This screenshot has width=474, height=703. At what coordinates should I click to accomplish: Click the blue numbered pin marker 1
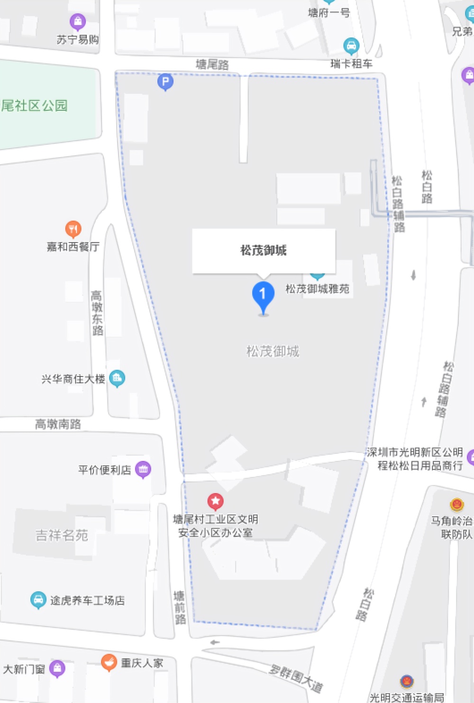click(x=263, y=296)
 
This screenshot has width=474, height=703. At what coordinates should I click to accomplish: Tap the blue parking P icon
click(x=165, y=82)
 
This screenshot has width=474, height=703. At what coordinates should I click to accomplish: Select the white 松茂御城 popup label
click(x=264, y=251)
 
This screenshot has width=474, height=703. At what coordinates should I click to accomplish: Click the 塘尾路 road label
click(x=212, y=64)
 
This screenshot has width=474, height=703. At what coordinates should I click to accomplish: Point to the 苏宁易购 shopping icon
click(x=78, y=22)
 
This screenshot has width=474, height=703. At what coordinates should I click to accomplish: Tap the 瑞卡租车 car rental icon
click(x=351, y=46)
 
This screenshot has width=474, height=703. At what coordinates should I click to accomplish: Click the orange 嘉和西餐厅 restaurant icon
click(x=73, y=230)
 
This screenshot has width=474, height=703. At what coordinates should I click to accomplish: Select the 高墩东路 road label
click(x=97, y=313)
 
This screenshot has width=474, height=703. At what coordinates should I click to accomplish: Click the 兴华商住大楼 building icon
click(x=117, y=378)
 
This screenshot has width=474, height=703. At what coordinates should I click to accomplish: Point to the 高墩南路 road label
click(x=58, y=424)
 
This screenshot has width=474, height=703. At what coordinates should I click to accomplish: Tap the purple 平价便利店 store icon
click(x=143, y=469)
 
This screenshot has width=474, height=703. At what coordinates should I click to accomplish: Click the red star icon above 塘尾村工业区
click(x=216, y=501)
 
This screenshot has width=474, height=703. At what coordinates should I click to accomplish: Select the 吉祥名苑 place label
click(x=62, y=535)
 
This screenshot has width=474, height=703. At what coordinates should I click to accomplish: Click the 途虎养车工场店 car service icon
click(x=38, y=600)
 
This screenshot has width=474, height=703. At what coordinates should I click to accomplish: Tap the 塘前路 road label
click(x=180, y=608)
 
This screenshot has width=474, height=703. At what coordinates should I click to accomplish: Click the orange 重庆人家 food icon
click(x=109, y=662)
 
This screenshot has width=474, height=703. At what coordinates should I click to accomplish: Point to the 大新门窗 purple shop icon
click(x=57, y=668)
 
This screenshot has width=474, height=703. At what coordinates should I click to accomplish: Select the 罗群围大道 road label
click(x=296, y=678)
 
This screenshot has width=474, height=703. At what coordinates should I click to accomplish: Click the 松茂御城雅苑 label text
click(x=317, y=289)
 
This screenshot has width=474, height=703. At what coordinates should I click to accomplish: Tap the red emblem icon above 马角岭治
click(x=456, y=505)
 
